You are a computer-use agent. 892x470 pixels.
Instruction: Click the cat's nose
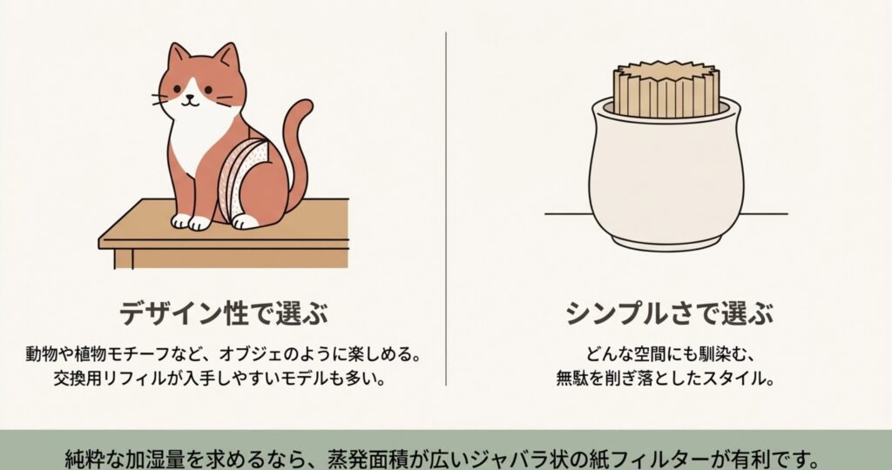click(x=191, y=97)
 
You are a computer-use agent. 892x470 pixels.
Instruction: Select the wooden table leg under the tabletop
click(x=124, y=258)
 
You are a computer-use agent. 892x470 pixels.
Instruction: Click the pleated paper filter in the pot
click(x=666, y=90)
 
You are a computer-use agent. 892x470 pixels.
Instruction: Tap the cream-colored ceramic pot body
click(x=666, y=176)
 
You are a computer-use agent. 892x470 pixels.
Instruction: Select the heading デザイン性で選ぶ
click(x=224, y=313)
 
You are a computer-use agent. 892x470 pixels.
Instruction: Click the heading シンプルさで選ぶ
click(x=670, y=313)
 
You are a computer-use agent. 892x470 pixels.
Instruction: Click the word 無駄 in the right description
click(x=571, y=378)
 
